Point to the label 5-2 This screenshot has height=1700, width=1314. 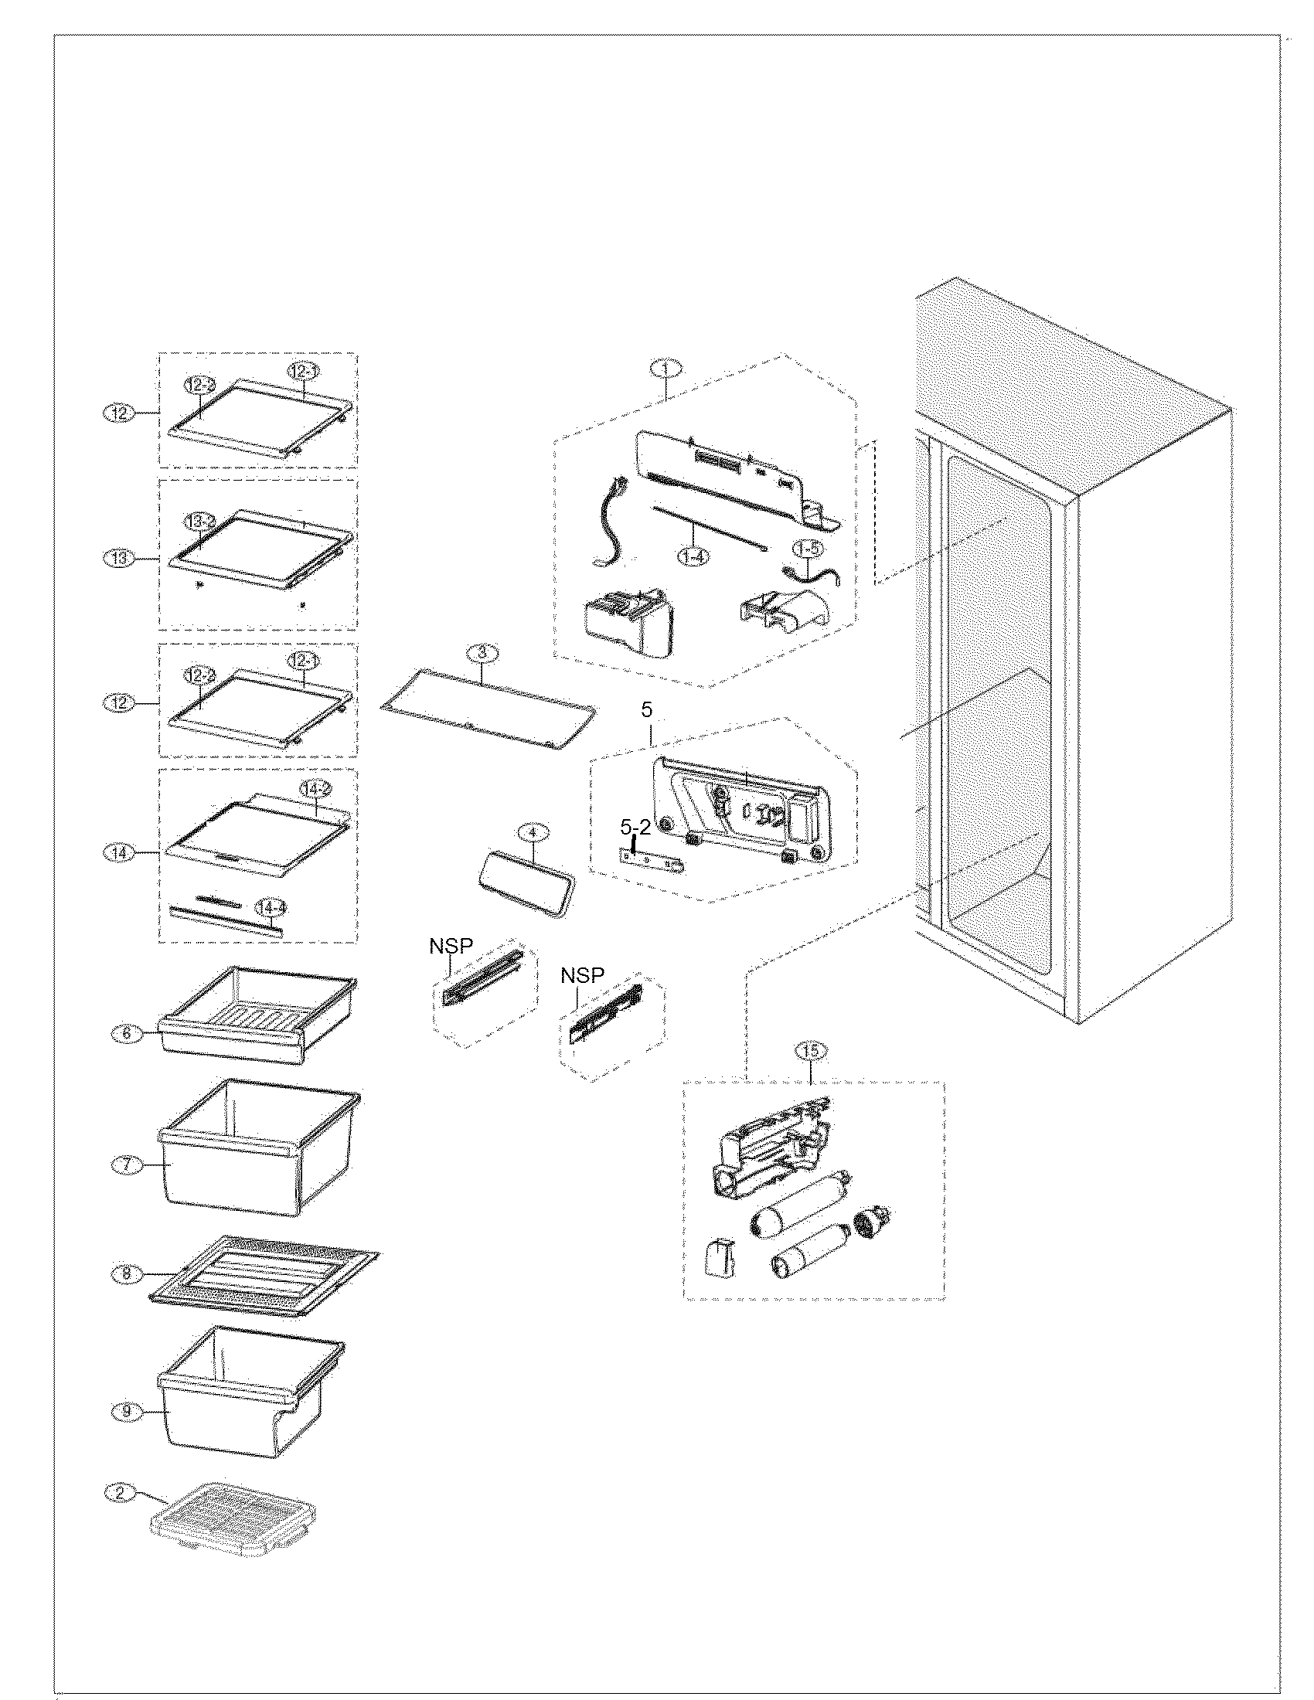point(635,828)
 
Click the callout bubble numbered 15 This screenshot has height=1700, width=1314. point(810,1051)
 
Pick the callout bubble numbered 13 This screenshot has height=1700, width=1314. point(119,558)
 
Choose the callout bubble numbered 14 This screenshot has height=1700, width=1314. point(119,853)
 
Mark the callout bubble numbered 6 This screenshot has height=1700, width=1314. point(128,1034)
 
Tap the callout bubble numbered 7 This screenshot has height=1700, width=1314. point(128,1164)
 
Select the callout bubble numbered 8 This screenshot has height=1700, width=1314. point(128,1274)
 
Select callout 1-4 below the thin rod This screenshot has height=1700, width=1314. point(693,556)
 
